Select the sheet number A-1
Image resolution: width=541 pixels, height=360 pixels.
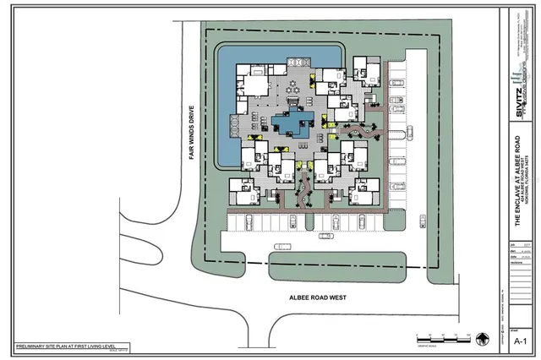(522, 341)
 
